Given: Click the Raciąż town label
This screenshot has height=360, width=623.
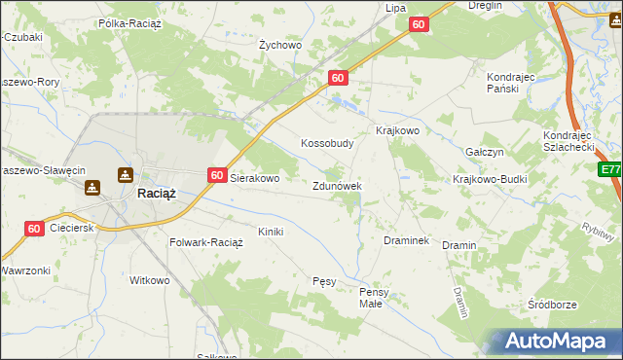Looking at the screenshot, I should coord(156,193).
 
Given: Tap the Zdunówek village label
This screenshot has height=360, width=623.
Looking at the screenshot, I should coord(338,185).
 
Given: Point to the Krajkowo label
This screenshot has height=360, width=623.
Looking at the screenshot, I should coord(397,130).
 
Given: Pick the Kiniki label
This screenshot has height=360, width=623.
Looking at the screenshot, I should coord(270,232).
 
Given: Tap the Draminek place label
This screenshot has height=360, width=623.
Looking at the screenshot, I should coord(407,240).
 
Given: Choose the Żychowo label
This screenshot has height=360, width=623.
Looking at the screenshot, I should coord(280,45).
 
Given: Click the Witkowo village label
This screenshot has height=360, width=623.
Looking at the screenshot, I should coord(150,280).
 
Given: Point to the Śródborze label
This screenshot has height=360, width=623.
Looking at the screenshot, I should coord(552,305).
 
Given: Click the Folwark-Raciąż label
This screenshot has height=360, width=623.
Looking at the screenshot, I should coord(206,241).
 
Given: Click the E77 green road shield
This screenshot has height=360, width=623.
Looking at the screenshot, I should coord(610,169).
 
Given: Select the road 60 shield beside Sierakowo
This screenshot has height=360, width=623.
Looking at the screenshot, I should coord(217,175).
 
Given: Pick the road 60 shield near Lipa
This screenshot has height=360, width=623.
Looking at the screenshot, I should coord(419,24).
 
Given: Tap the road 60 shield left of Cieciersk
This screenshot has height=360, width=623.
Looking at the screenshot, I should coord(34,229).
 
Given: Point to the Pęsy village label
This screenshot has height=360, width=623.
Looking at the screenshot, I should coord(324,281).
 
